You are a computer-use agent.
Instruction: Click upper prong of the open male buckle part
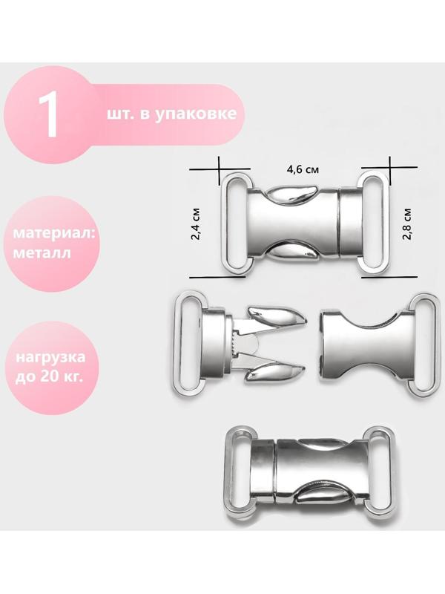(x=274, y=319)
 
